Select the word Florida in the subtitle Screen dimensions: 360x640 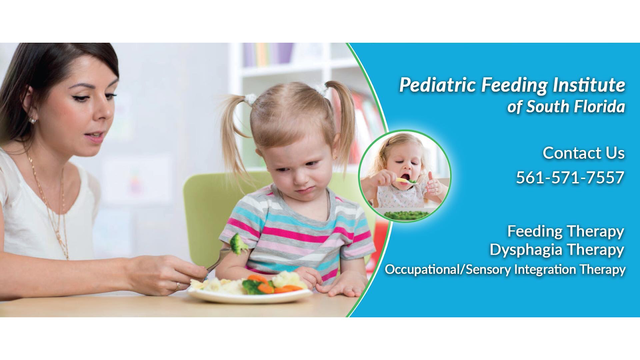[600, 107]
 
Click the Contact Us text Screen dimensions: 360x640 [583, 153]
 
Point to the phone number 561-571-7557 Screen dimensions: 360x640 [570, 178]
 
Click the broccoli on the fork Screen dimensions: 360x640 [238, 244]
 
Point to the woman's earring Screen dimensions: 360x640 [32, 120]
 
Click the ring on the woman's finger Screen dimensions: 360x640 [178, 286]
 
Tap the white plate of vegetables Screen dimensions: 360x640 [250, 296]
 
